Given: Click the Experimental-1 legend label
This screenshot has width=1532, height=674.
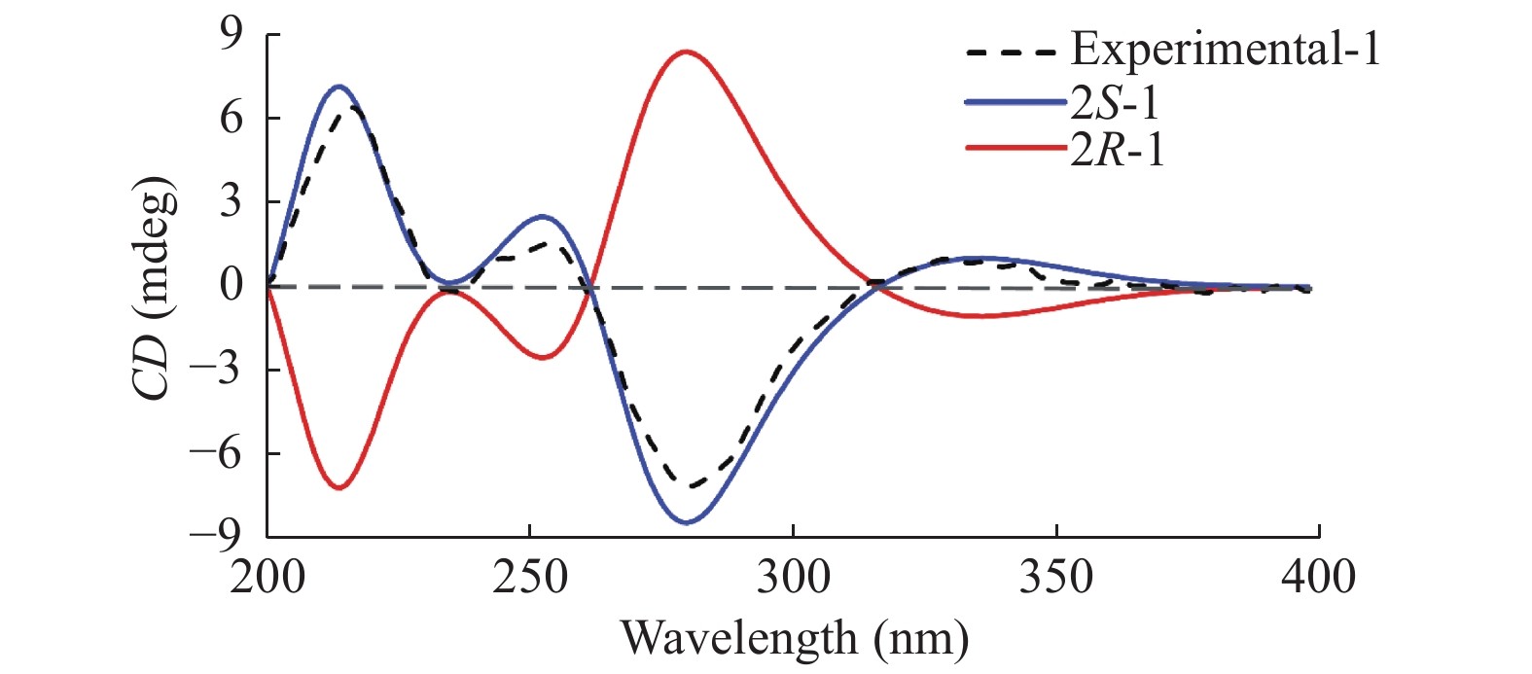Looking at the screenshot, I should (1225, 49).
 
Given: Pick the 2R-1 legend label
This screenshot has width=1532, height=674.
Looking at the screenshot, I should (1117, 150).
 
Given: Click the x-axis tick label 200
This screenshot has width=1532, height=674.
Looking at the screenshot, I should (267, 577).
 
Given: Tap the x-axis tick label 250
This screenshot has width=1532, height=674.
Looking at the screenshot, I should (530, 577).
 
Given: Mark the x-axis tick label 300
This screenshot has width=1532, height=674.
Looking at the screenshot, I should (793, 577).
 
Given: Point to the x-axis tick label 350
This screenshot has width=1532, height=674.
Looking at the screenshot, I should (1056, 577).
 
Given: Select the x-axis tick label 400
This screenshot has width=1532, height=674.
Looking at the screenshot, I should (1318, 577).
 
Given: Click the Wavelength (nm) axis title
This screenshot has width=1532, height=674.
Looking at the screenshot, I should (795, 638).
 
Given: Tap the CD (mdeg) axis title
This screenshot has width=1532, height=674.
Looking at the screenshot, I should (155, 288).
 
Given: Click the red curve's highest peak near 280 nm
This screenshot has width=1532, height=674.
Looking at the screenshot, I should (687, 52).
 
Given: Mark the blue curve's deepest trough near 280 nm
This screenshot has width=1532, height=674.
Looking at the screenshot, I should (687, 523).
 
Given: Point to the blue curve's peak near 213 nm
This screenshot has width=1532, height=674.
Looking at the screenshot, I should (338, 87).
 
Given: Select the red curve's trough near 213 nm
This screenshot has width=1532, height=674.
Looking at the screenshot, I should (338, 487).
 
